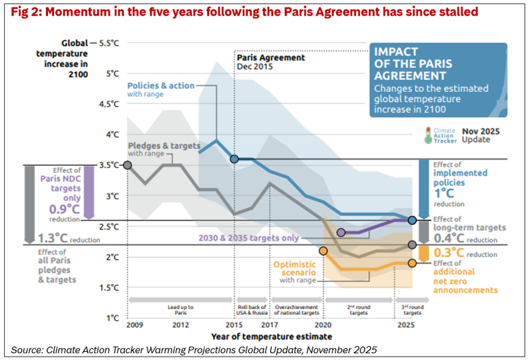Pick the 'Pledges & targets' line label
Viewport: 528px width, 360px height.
point(165,146)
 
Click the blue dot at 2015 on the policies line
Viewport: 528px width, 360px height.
point(235,159)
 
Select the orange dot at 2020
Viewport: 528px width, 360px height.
point(323,251)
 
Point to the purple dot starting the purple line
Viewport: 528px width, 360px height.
point(341,232)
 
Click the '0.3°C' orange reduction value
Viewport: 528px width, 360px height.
point(448,252)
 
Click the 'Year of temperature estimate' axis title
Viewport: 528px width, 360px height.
point(273,337)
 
